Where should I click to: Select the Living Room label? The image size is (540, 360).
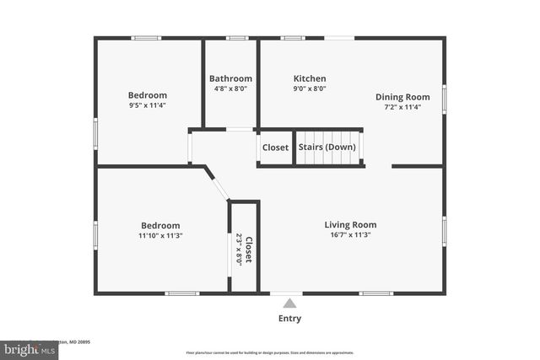click(350, 224)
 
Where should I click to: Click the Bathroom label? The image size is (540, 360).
click(230, 78)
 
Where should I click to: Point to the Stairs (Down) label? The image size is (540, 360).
click(327, 148)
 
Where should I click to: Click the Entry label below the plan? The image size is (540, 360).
click(289, 319)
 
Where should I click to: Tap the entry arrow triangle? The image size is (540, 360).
click(289, 304)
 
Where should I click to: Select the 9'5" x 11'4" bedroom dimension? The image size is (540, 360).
click(148, 106)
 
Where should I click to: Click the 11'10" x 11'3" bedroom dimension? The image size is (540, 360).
click(160, 236)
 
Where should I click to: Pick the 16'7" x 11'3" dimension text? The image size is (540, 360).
click(350, 235)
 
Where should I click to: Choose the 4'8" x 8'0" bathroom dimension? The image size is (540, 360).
click(230, 89)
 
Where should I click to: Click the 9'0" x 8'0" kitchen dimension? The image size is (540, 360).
click(310, 89)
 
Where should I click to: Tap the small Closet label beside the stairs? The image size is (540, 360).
click(275, 148)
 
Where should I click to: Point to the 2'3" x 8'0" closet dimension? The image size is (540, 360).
click(239, 249)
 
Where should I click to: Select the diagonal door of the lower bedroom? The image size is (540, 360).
click(217, 184)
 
